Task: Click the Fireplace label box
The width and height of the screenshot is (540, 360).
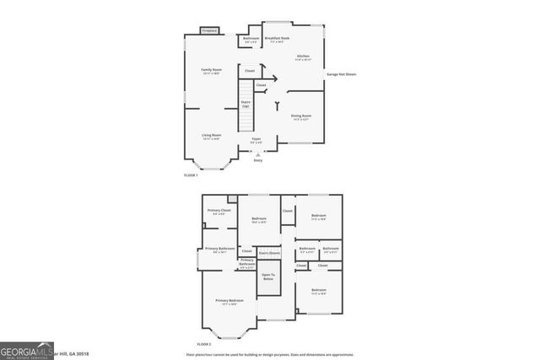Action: [x=209, y=31]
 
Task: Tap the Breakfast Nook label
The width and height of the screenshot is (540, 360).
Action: [x=277, y=39]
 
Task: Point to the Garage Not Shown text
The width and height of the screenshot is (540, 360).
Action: [x=341, y=74]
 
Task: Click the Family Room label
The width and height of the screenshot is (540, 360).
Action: [x=211, y=70]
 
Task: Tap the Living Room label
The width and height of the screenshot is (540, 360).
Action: [x=211, y=136]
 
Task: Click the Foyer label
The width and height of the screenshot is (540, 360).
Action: [x=256, y=140]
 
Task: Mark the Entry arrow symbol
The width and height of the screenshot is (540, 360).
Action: [x=258, y=154]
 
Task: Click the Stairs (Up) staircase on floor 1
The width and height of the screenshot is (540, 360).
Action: [x=245, y=106]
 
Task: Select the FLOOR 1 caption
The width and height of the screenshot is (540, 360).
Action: [x=191, y=175]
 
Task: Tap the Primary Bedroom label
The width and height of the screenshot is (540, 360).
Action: [x=229, y=302]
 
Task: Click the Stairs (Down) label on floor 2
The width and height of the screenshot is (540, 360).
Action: [x=269, y=252]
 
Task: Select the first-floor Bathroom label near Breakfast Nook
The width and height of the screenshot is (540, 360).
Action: [x=251, y=40]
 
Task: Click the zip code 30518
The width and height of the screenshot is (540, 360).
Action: [x=81, y=353]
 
